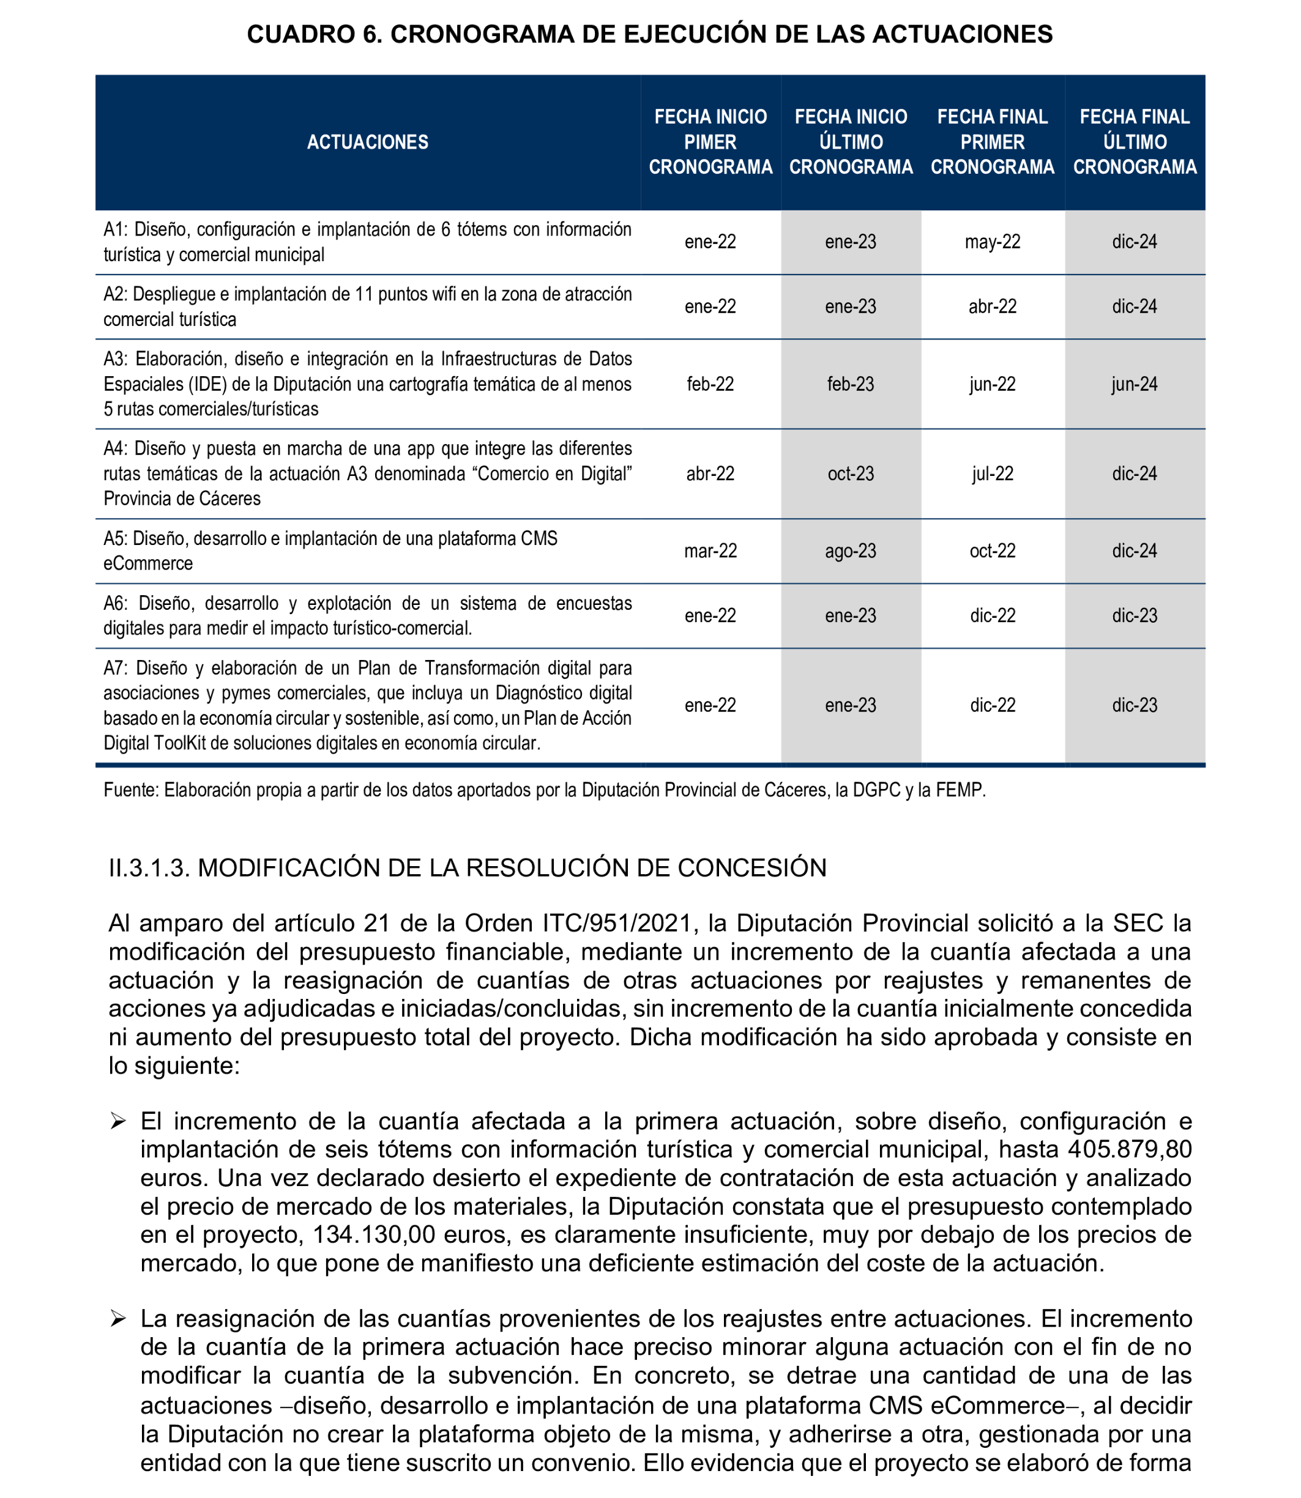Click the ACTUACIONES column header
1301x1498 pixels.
(x=367, y=143)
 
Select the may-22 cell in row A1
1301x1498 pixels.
(x=992, y=242)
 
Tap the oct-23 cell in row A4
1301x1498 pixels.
(x=850, y=474)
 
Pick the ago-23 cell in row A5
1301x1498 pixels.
(x=850, y=551)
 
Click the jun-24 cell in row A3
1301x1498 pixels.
(x=1134, y=384)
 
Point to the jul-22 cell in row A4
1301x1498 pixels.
(x=992, y=474)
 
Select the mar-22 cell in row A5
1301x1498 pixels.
(x=710, y=551)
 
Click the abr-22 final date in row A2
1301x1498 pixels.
(x=992, y=306)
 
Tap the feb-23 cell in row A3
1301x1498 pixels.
(x=850, y=384)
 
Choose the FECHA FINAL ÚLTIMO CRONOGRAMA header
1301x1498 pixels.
(x=1134, y=143)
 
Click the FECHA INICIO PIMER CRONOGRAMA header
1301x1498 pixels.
(x=710, y=143)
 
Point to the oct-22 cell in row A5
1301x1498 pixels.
(x=992, y=551)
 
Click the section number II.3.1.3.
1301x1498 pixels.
(x=149, y=868)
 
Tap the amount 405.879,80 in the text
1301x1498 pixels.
(x=1130, y=1149)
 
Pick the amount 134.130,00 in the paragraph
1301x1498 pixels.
(x=374, y=1234)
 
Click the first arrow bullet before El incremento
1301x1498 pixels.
(x=118, y=1122)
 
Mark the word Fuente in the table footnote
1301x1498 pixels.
(x=130, y=790)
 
